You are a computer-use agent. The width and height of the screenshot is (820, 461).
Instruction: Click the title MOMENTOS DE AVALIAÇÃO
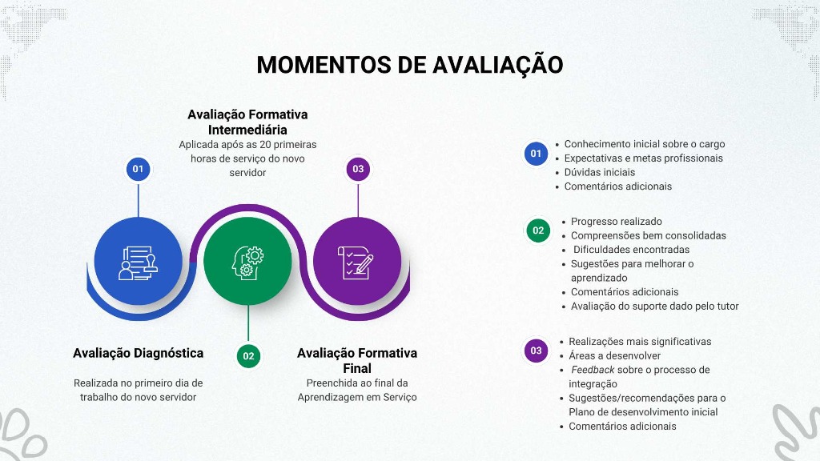(409, 65)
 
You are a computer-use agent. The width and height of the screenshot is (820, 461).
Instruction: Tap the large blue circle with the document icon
(138, 261)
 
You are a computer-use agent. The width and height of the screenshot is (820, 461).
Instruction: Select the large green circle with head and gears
(248, 261)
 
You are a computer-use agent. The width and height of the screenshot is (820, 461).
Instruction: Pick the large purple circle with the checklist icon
(358, 261)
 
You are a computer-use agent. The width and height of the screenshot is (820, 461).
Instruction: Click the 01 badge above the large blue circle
(138, 169)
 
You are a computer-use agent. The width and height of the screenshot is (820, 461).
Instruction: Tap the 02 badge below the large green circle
(248, 356)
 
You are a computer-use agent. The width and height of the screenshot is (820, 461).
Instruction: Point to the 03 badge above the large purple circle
(358, 169)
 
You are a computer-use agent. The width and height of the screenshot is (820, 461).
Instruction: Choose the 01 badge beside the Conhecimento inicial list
(536, 154)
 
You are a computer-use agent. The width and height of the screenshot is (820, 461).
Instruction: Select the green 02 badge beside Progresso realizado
(538, 230)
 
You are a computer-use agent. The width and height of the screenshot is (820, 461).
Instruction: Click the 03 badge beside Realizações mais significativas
(536, 351)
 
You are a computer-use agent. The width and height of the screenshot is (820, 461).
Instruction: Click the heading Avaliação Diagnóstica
(138, 353)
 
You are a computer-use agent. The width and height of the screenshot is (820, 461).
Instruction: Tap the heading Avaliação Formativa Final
(357, 361)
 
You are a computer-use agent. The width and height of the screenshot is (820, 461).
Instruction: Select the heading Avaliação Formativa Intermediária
(247, 122)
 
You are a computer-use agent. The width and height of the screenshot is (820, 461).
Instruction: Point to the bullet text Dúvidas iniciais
(600, 173)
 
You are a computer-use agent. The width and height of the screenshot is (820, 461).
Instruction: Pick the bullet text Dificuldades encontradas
(631, 250)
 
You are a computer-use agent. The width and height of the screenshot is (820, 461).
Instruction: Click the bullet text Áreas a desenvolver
(614, 356)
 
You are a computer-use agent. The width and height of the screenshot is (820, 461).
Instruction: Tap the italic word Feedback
(593, 370)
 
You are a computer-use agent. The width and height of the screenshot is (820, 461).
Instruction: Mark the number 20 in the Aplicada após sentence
(265, 145)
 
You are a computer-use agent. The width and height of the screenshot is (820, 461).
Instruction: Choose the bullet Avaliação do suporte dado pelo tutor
(655, 307)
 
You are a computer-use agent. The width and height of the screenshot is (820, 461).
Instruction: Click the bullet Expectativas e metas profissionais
(643, 158)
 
